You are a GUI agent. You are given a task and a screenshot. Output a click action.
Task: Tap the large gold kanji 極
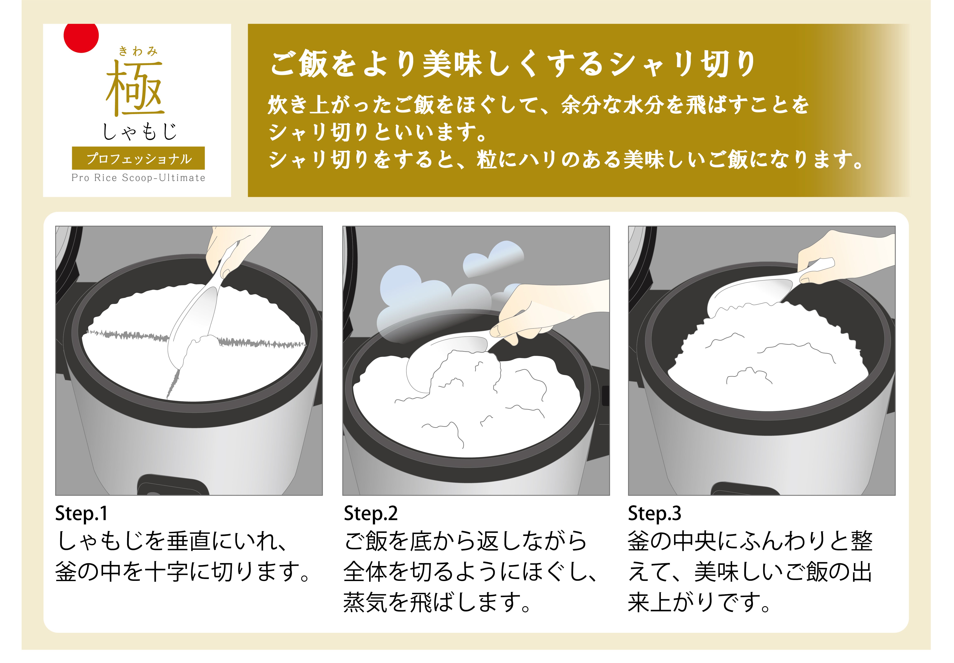135,88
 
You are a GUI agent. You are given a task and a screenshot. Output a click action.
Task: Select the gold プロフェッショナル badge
138,158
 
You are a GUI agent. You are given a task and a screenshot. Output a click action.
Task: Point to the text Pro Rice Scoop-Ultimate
138,178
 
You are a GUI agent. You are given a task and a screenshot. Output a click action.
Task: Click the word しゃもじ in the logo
140,132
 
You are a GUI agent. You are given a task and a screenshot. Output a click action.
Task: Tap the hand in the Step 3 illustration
848,258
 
